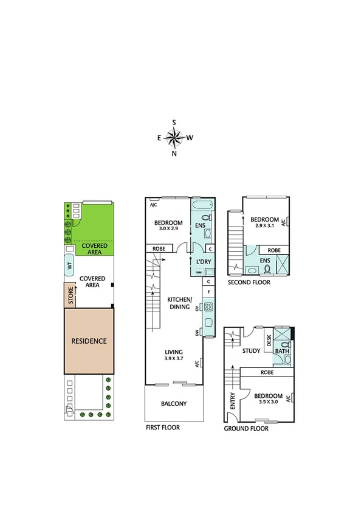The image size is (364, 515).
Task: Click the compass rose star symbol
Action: point(174,138)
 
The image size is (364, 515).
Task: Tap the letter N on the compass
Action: point(174,154)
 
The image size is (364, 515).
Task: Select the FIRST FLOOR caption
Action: point(162,428)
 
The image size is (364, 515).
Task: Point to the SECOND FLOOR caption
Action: point(249,282)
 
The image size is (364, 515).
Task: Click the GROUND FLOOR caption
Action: point(247,428)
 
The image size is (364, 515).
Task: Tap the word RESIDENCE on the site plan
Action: point(89,341)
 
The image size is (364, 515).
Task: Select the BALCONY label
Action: point(174,404)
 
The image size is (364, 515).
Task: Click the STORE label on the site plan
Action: point(70,298)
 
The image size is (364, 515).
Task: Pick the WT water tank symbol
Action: point(70,266)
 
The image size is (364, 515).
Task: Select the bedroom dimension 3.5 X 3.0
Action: point(265,401)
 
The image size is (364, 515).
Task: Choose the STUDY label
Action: point(251,350)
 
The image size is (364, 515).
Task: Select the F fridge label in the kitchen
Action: point(208,292)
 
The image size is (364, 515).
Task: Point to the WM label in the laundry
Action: point(198,272)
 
